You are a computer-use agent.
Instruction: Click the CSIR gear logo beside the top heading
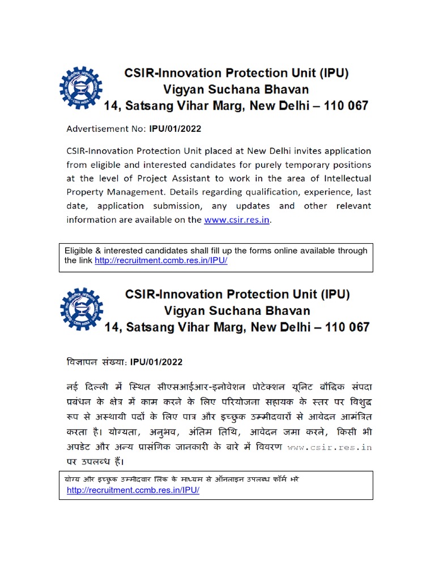point(81,88)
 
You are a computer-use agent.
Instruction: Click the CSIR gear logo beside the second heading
point(81,309)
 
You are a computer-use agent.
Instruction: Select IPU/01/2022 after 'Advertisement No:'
point(175,129)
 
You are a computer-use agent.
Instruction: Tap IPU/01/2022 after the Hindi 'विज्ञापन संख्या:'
point(156,362)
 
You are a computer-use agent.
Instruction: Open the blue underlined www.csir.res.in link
point(237,220)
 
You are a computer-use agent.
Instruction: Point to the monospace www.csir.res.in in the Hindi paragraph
point(330,447)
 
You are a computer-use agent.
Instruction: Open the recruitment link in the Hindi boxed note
point(133,490)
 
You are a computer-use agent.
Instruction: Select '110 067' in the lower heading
point(346,327)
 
